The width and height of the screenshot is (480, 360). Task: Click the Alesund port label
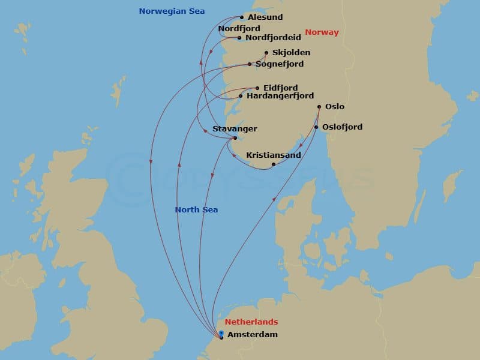(265, 17)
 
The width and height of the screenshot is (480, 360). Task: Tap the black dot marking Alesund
(242, 17)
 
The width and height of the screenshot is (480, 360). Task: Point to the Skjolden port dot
(266, 52)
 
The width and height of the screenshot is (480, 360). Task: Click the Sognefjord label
(280, 64)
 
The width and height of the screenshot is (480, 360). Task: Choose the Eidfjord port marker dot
(257, 88)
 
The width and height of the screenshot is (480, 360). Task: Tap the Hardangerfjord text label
(280, 95)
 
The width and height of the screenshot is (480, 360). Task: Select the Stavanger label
(235, 128)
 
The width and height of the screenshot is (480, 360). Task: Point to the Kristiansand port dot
(274, 164)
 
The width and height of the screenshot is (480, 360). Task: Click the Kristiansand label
(274, 155)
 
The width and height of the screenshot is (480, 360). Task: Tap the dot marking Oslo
(319, 107)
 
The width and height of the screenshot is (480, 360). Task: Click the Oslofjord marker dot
(316, 127)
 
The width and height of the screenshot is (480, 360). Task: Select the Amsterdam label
(253, 334)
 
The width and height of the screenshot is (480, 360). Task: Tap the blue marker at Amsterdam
(221, 333)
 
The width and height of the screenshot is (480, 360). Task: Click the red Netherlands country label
(251, 322)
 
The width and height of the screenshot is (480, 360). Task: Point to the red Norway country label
(322, 32)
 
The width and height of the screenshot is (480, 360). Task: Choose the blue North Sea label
(196, 209)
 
